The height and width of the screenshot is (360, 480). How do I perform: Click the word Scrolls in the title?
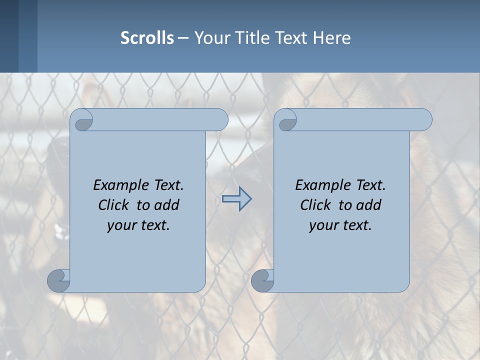pos(147,38)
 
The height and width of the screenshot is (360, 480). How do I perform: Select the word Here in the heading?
pos(332,38)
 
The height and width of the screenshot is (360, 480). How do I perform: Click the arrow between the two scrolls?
pos(236,198)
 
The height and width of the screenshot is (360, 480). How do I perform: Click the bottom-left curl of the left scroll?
pos(58,280)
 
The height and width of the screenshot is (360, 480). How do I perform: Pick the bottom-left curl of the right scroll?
pos(262,280)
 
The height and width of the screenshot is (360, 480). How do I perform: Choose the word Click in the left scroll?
pos(114,205)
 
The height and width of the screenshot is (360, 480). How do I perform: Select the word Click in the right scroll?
pos(316,205)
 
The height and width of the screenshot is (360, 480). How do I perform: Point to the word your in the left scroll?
pos(122,225)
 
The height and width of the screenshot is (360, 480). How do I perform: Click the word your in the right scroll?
pos(324,225)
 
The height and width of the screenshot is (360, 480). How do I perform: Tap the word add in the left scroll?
pos(167,205)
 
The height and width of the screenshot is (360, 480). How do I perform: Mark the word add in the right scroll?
pos(369,205)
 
